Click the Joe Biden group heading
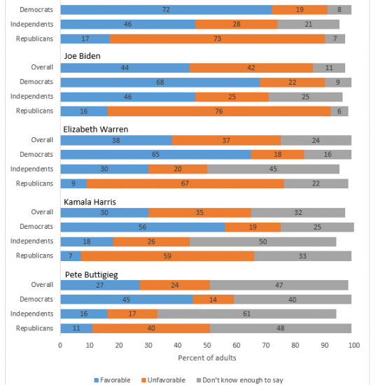click(83, 56)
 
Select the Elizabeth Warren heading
click(96, 129)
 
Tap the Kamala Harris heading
click(90, 202)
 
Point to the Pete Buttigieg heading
click(91, 275)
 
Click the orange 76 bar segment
click(219, 111)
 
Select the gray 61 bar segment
click(247, 314)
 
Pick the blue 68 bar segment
click(160, 83)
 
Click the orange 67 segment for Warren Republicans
click(185, 183)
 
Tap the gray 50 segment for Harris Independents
click(263, 241)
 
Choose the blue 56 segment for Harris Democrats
click(143, 227)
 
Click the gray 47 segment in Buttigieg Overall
click(279, 285)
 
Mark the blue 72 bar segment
click(166, 10)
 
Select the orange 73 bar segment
click(217, 38)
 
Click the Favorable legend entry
click(112, 380)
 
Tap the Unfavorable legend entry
click(164, 380)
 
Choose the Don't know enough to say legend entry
click(240, 380)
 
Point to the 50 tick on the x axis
click(207, 345)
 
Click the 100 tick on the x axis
click(353, 345)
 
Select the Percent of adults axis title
click(207, 358)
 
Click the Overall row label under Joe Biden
click(42, 67)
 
